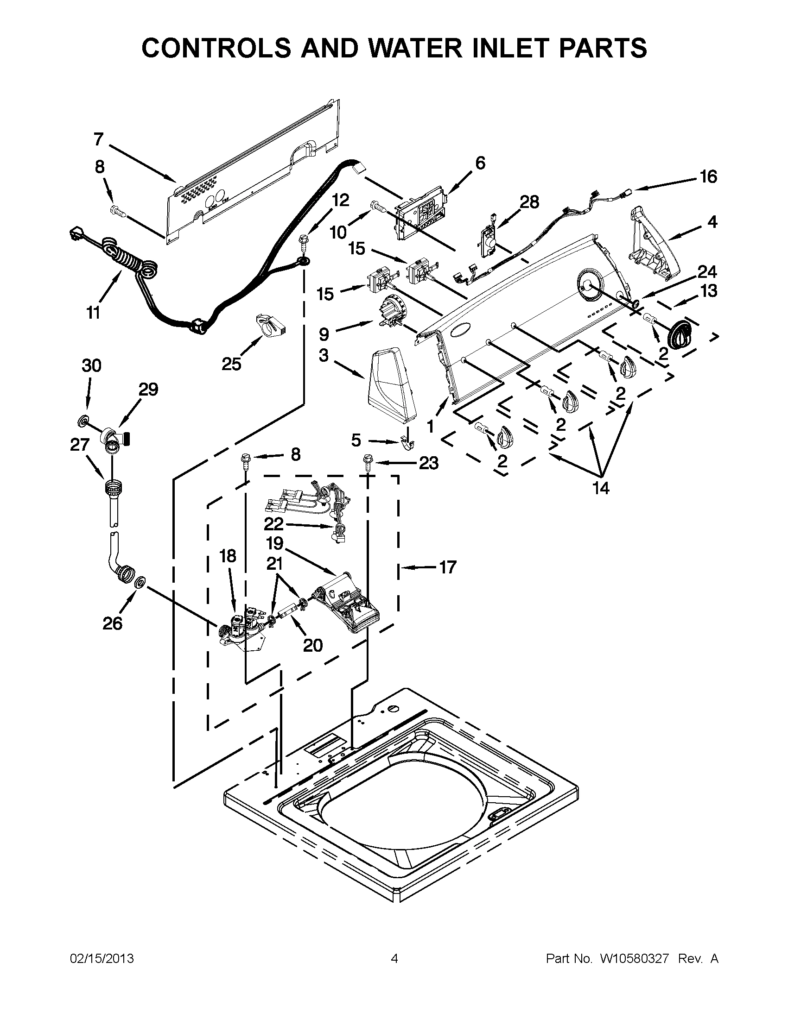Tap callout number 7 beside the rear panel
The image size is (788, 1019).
point(98,139)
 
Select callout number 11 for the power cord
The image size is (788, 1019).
point(93,313)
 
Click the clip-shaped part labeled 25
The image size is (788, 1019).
point(270,325)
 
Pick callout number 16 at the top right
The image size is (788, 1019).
point(708,177)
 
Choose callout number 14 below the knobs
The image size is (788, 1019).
point(601,488)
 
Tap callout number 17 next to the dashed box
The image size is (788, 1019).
point(447,567)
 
